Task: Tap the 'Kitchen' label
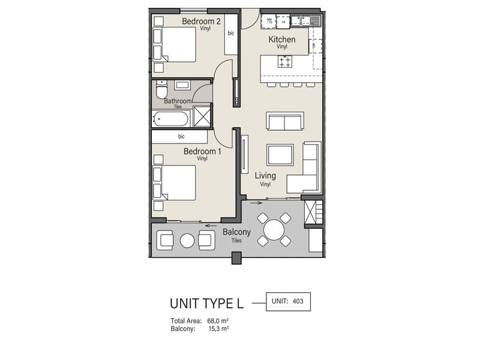[x=281, y=40]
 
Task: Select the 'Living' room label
[x=265, y=176]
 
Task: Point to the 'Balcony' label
[x=236, y=232]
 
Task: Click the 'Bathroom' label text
[x=178, y=101]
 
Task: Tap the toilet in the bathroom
[x=161, y=92]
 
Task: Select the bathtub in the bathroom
[x=171, y=118]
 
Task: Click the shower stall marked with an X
[x=202, y=117]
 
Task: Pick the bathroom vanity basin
[x=182, y=85]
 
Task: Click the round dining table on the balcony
[x=274, y=230]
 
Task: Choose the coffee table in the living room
[x=280, y=155]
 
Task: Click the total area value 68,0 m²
[x=219, y=322]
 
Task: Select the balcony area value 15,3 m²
[x=219, y=329]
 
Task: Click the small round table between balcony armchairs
[x=188, y=241]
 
